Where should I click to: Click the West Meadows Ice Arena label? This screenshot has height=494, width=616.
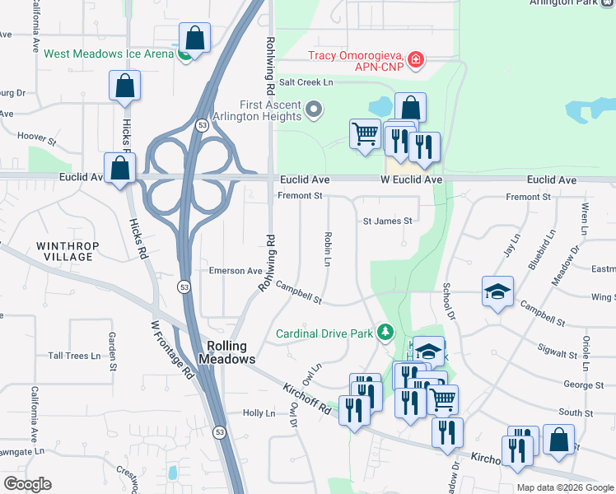pyautogui.click(x=107, y=54)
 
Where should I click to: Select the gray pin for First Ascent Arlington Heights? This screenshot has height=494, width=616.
pyautogui.click(x=314, y=109)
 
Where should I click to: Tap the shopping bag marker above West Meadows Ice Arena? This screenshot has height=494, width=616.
pyautogui.click(x=194, y=38)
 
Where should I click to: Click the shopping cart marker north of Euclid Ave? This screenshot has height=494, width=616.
pyautogui.click(x=365, y=133)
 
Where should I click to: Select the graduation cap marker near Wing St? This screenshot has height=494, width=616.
pyautogui.click(x=497, y=292)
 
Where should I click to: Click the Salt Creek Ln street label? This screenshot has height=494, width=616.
pyautogui.click(x=306, y=82)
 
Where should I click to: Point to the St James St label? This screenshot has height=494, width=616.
pyautogui.click(x=387, y=221)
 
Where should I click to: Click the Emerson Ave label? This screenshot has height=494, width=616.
pyautogui.click(x=235, y=271)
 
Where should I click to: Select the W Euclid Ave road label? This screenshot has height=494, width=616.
pyautogui.click(x=411, y=179)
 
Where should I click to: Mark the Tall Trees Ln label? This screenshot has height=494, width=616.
pyautogui.click(x=80, y=356)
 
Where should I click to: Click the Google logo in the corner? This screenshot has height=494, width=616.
pyautogui.click(x=27, y=484)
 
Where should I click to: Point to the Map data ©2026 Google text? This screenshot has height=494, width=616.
pyautogui.click(x=565, y=487)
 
